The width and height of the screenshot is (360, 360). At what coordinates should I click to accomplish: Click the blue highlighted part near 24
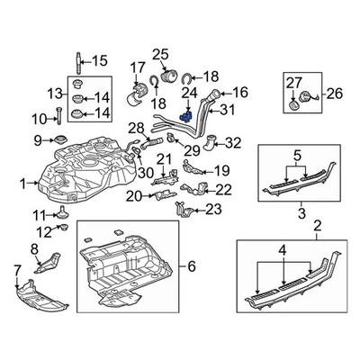click(x=185, y=117)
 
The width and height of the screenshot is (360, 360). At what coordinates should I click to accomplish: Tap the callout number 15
click(x=99, y=61)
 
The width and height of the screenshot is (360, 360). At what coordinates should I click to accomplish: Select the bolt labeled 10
click(x=58, y=115)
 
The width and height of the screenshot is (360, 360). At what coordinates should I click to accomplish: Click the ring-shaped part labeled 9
click(x=60, y=139)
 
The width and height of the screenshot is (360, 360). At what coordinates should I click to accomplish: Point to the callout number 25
click(x=160, y=55)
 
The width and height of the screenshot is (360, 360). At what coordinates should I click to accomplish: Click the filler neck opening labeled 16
click(x=216, y=94)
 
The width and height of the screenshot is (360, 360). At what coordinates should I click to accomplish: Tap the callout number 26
click(x=334, y=94)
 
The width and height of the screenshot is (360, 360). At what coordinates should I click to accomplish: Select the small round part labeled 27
click(x=293, y=105)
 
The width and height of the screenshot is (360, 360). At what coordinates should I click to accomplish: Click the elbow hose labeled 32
click(x=211, y=142)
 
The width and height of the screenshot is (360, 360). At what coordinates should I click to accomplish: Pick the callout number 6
click(x=192, y=265)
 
